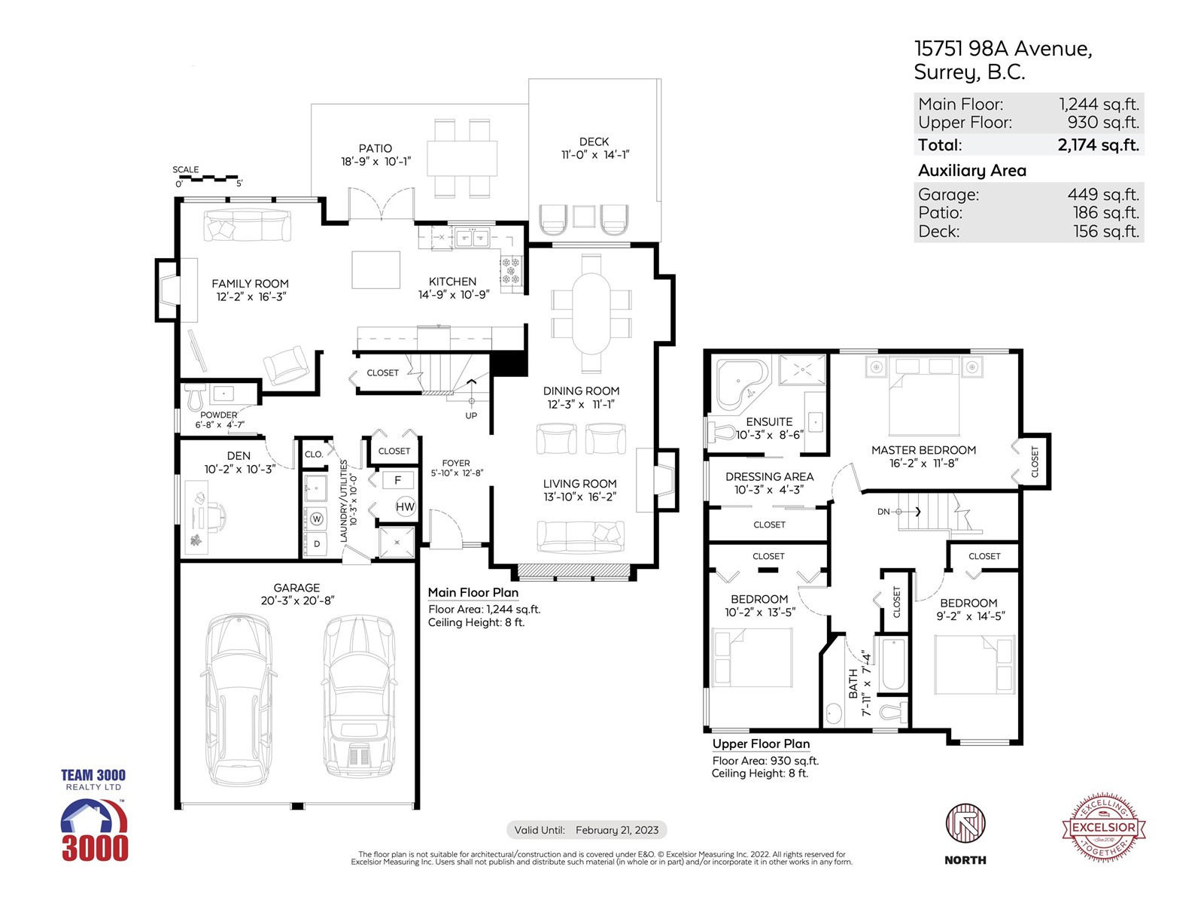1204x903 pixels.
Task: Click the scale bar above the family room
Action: pyautogui.click(x=208, y=178)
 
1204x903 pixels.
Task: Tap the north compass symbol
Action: pyautogui.click(x=965, y=823)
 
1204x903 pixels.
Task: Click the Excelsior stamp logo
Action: pyautogui.click(x=1104, y=827)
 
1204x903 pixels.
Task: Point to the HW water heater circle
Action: pyautogui.click(x=405, y=506)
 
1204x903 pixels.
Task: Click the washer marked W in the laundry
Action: pyautogui.click(x=317, y=518)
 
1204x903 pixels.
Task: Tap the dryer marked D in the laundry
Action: pyautogui.click(x=317, y=544)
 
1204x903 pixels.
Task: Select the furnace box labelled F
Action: pyautogui.click(x=397, y=480)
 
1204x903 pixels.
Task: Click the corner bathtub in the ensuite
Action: pyautogui.click(x=740, y=384)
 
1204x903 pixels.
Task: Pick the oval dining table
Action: pyautogui.click(x=591, y=314)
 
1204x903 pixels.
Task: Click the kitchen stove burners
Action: pyautogui.click(x=511, y=271)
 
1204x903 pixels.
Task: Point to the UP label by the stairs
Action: pyautogui.click(x=471, y=415)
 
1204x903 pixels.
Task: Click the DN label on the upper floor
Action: pyautogui.click(x=883, y=512)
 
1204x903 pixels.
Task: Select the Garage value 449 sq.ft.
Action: pyautogui.click(x=1103, y=194)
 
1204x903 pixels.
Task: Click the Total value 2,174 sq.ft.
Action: pyautogui.click(x=1098, y=144)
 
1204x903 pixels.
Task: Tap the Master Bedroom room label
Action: pyautogui.click(x=924, y=450)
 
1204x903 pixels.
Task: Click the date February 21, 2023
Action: pyautogui.click(x=617, y=830)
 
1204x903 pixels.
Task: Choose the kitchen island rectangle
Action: pyautogui.click(x=375, y=269)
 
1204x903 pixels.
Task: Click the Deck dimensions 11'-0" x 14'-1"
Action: pyautogui.click(x=595, y=154)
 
